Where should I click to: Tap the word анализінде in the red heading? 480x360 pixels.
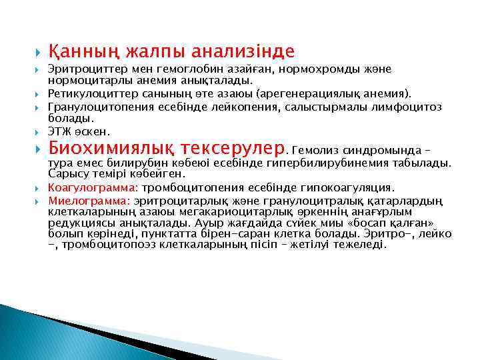coord(243,51)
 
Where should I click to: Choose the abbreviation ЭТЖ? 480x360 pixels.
coord(61,131)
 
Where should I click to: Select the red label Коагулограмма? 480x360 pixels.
coord(93,187)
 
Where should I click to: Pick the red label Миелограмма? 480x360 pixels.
coord(89,199)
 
